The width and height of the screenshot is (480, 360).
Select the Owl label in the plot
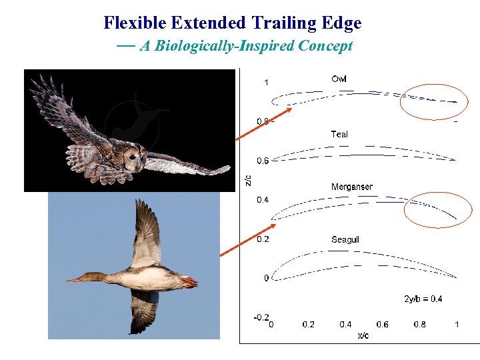click(x=339, y=79)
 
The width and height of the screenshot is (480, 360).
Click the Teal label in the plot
click(x=339, y=134)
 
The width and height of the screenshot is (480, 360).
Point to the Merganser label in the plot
click(x=351, y=187)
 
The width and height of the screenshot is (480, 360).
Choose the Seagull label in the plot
click(x=345, y=239)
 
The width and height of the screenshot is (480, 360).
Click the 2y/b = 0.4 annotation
click(x=423, y=299)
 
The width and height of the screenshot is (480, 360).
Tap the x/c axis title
click(x=363, y=335)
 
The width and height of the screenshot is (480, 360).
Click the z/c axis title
click(x=248, y=180)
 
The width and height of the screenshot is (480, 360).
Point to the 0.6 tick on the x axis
click(x=382, y=325)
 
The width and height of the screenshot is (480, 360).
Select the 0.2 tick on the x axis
click(x=308, y=325)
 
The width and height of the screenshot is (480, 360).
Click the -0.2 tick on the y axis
click(x=261, y=317)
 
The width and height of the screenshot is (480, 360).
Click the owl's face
click(x=135, y=159)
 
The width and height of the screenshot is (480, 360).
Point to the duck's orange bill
click(x=75, y=279)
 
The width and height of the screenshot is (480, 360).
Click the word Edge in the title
click(x=340, y=23)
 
